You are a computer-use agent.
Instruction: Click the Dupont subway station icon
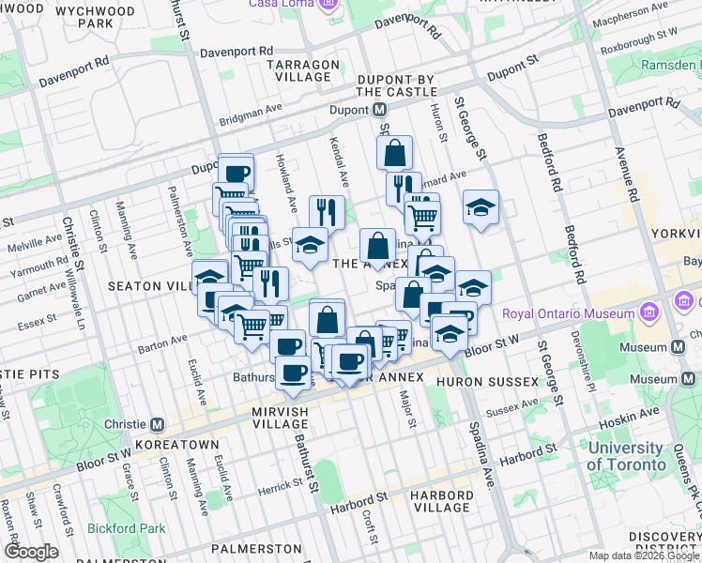pos(381,109)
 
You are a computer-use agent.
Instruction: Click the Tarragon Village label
pos(302,70)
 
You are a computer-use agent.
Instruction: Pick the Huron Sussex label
pos(497,382)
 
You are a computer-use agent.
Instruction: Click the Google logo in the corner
pos(31,552)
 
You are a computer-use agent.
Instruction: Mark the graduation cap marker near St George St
pos(481,207)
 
